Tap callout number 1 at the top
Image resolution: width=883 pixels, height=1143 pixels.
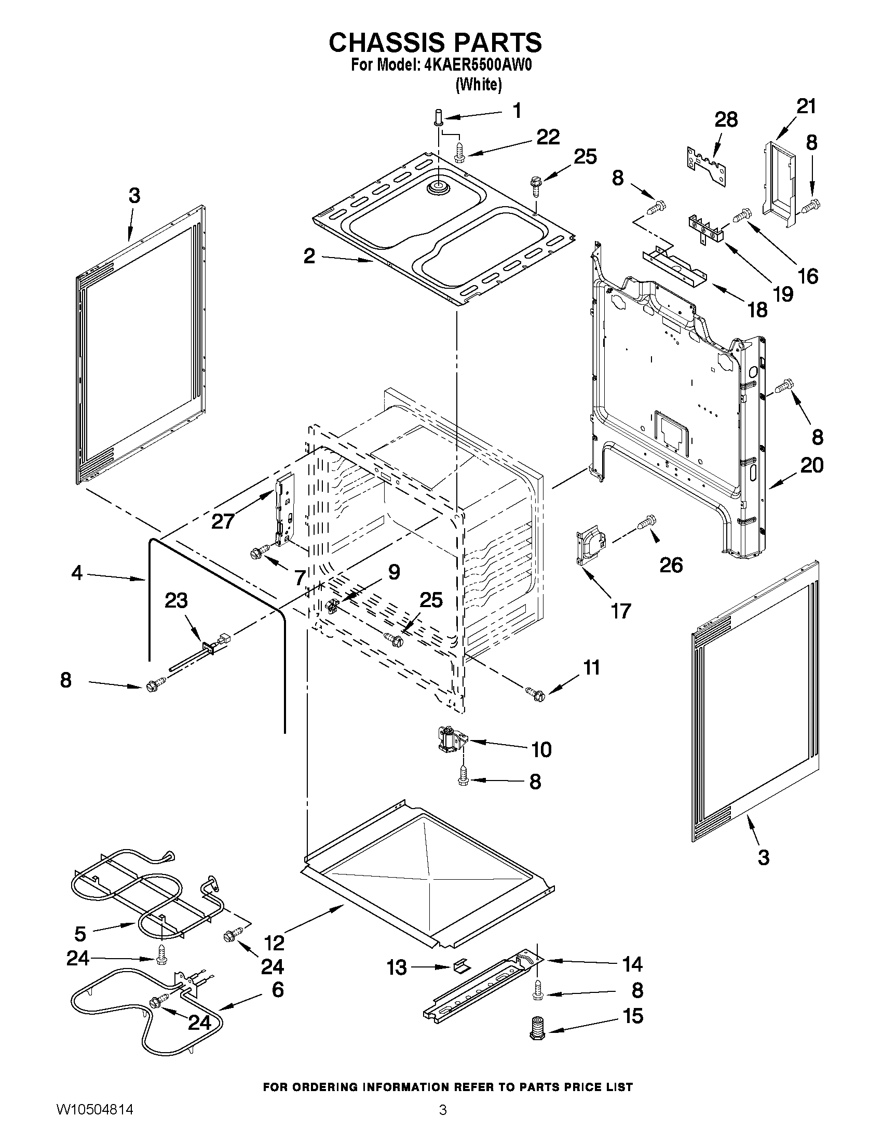517,111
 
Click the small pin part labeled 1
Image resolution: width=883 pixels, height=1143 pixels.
438,116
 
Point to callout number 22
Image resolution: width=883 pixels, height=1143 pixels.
547,137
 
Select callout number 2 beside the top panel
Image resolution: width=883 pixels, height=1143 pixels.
309,256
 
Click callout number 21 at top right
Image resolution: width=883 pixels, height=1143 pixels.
806,106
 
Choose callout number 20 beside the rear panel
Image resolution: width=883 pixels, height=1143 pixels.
812,465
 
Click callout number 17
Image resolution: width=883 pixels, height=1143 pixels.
621,611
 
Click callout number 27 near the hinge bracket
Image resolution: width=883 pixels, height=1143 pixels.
223,521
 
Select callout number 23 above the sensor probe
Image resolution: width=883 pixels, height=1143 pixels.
176,601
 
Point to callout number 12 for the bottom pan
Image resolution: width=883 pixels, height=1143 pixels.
274,943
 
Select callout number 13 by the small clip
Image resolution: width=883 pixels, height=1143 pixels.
397,967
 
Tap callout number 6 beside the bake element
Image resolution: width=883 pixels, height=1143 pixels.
277,989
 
